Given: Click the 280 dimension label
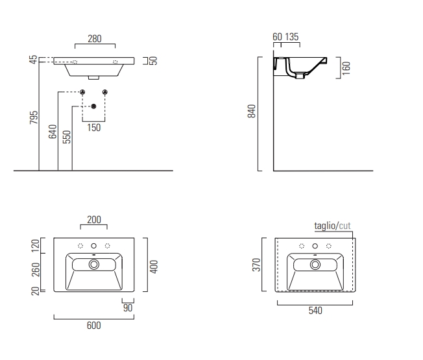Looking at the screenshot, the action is tap(95, 39).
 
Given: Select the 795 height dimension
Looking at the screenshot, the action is tap(34, 117).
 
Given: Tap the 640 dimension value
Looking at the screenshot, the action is tap(53, 132).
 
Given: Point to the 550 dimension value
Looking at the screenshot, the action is tap(67, 137).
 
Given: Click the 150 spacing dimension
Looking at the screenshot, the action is tap(94, 128).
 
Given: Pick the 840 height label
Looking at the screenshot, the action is tap(252, 111).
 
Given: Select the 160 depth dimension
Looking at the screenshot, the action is tap(346, 68).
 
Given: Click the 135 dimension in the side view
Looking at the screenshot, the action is tap(292, 37).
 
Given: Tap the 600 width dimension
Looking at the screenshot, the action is tap(94, 326).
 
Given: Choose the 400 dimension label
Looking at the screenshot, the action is tap(154, 267).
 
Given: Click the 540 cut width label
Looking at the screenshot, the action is tap(315, 311).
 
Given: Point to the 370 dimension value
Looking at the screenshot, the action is tap(256, 265).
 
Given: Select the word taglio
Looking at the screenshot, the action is tap(325, 226).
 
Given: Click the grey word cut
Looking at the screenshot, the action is tap(344, 226).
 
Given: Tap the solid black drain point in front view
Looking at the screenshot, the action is tap(93, 106).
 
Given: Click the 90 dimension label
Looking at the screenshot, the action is tap(128, 308).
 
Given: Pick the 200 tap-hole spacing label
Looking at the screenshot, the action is tap(94, 220).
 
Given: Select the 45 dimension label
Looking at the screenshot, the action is tap(34, 60).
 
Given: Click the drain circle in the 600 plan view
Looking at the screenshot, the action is tap(94, 265).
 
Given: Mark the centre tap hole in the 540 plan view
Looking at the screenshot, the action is tap(315, 246).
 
